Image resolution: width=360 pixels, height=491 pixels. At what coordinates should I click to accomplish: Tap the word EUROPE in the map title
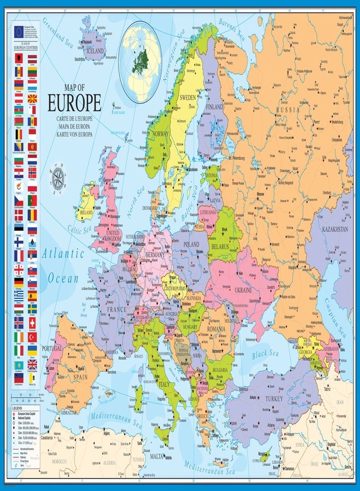[74, 104]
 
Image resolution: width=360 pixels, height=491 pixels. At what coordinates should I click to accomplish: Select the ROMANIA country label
[215, 330]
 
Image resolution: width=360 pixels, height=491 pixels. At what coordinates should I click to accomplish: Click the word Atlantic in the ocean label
[64, 254]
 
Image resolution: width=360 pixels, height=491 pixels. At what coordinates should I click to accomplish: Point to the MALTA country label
[157, 456]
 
